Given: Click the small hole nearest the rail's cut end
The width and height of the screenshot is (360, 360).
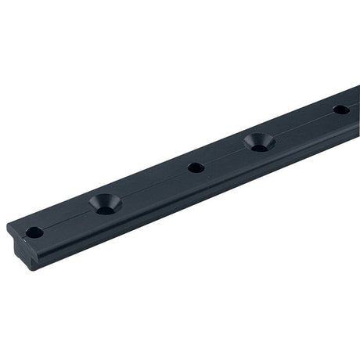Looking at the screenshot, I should click(x=34, y=232).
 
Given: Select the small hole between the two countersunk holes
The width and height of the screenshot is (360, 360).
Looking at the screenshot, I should click(x=195, y=167).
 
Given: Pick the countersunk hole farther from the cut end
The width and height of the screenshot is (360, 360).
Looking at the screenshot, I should click(x=257, y=142).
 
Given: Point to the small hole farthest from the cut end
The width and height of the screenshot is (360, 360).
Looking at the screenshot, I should click(x=340, y=110).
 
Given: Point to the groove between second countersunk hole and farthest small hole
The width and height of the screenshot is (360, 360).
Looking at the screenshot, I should click(x=301, y=125).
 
